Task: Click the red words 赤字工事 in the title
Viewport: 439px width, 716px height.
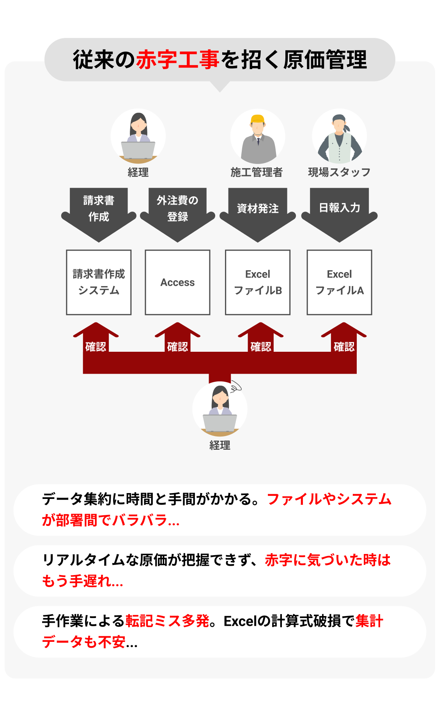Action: [x=177, y=60]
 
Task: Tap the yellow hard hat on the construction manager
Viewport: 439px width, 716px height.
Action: [x=257, y=119]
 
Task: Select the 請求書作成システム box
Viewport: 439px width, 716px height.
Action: [x=99, y=282]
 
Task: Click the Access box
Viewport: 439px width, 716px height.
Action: [x=177, y=282]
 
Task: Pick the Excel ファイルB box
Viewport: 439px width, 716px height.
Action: [x=258, y=282]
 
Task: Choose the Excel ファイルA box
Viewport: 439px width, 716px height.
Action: [x=339, y=282]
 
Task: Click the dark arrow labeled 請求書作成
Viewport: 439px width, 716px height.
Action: [x=99, y=213]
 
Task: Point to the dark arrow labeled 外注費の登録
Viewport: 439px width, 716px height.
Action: [x=177, y=213]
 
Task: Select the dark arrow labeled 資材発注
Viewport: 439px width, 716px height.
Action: [x=258, y=213]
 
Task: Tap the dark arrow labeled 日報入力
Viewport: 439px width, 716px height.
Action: [x=339, y=213]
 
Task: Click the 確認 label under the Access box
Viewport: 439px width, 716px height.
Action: [x=177, y=346]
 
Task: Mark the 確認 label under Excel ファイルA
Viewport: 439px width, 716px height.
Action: [x=344, y=346]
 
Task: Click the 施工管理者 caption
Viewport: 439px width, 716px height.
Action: [x=256, y=172]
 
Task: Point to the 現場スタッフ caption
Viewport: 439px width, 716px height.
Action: [x=339, y=172]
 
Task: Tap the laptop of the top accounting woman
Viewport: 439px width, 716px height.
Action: [x=138, y=150]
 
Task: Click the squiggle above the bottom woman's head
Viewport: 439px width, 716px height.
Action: [x=235, y=387]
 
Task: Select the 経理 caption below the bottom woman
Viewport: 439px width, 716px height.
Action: [x=220, y=445]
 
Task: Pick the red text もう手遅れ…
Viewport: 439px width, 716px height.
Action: [x=83, y=581]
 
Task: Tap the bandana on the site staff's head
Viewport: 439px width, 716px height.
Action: [x=339, y=118]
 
